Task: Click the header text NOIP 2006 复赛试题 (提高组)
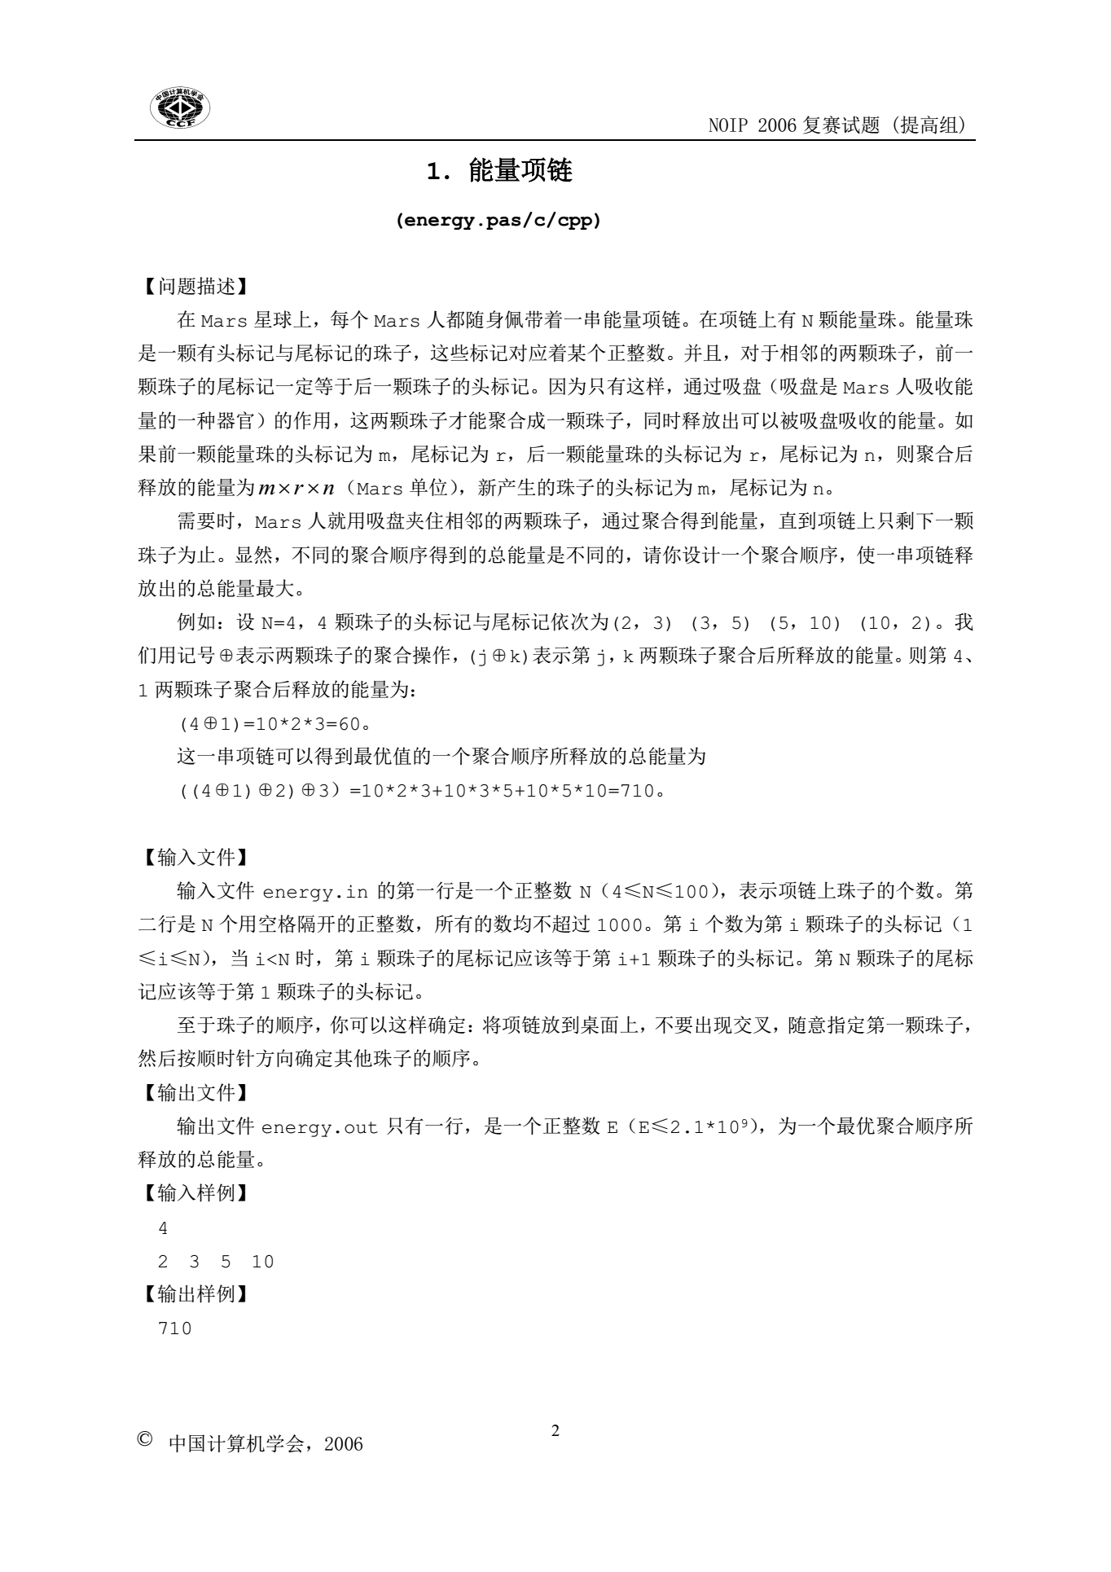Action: tap(837, 125)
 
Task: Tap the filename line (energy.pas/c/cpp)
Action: tap(498, 221)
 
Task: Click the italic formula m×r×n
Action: tap(296, 489)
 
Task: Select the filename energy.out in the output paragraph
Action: tap(319, 1128)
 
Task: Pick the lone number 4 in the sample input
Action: tap(163, 1228)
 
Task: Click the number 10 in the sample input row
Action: tap(262, 1262)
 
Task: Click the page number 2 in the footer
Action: tap(555, 1431)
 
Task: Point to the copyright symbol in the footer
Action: tap(146, 1441)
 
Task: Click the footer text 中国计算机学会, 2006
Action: tap(266, 1445)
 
